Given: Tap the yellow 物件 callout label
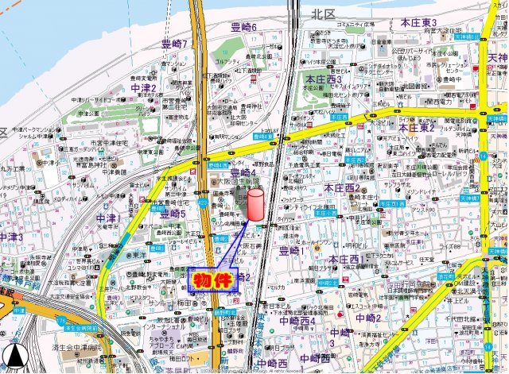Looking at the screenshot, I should [212, 280].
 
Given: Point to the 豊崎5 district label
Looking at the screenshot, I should [173, 214].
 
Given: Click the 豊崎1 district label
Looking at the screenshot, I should [293, 251].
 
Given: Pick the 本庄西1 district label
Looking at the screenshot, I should [348, 259].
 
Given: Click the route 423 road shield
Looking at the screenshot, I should [203, 204].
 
